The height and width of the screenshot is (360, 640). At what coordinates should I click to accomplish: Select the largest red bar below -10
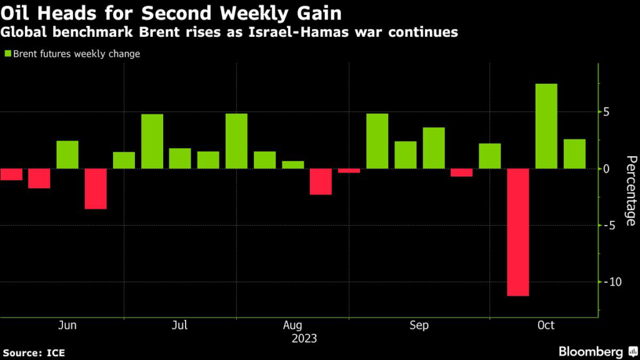pyautogui.click(x=518, y=232)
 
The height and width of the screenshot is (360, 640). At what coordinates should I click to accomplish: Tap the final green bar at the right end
pyautogui.click(x=574, y=154)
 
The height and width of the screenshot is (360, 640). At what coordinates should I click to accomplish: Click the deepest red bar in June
pyautogui.click(x=96, y=189)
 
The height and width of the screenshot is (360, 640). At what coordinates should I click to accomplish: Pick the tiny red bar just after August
pyautogui.click(x=349, y=171)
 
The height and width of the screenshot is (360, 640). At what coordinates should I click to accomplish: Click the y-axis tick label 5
pyautogui.click(x=606, y=112)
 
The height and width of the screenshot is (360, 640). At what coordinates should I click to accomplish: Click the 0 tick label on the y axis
pyautogui.click(x=606, y=169)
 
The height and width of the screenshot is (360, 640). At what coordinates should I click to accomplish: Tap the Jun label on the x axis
pyautogui.click(x=67, y=326)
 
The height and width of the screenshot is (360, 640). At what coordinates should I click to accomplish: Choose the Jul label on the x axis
pyautogui.click(x=180, y=326)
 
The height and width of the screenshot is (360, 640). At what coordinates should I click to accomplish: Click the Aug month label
pyautogui.click(x=292, y=326)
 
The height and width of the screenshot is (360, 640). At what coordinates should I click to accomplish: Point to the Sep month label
pyautogui.click(x=419, y=326)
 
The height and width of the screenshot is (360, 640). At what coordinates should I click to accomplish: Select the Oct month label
pyautogui.click(x=546, y=326)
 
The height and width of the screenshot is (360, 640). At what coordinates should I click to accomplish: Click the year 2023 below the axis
pyautogui.click(x=304, y=339)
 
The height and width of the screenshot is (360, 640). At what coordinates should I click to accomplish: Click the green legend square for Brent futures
pyautogui.click(x=7, y=54)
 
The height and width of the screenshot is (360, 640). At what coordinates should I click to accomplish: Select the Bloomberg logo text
pyautogui.click(x=591, y=352)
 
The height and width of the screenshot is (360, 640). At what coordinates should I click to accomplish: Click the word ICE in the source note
pyautogui.click(x=56, y=353)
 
